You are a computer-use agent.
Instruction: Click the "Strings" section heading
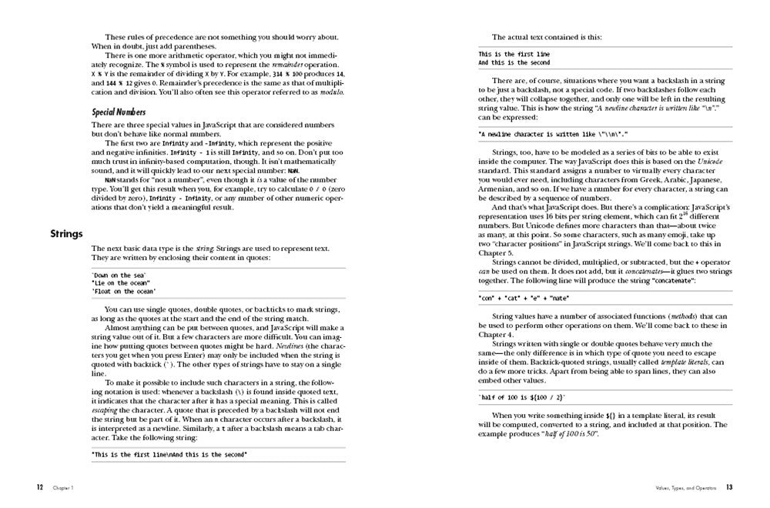pyautogui.click(x=66, y=233)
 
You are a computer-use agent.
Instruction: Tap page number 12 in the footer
pyautogui.click(x=39, y=487)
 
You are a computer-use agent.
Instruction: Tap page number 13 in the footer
pyautogui.click(x=728, y=487)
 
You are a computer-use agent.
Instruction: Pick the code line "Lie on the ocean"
pyautogui.click(x=121, y=283)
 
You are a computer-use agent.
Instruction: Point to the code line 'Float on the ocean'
pyautogui.click(x=123, y=292)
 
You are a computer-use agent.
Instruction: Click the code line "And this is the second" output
pyautogui.click(x=514, y=62)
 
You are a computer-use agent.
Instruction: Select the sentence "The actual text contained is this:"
pyautogui.click(x=541, y=36)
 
